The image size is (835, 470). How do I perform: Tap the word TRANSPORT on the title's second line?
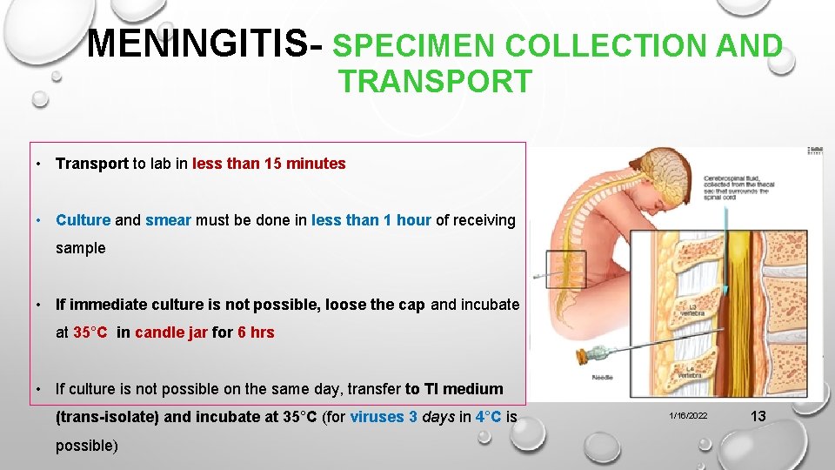(435, 82)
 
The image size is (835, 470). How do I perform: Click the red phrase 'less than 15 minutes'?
(269, 164)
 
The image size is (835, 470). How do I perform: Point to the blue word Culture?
(83, 220)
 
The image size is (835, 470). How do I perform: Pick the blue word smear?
(168, 220)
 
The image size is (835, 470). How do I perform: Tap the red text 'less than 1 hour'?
(371, 220)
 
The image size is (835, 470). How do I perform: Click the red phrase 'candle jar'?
(171, 332)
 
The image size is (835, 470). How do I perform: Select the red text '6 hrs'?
(256, 332)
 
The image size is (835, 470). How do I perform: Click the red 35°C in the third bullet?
(90, 332)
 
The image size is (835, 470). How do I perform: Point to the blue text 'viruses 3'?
(384, 417)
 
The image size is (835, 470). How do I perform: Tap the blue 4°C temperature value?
(488, 417)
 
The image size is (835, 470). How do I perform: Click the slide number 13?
(758, 416)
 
